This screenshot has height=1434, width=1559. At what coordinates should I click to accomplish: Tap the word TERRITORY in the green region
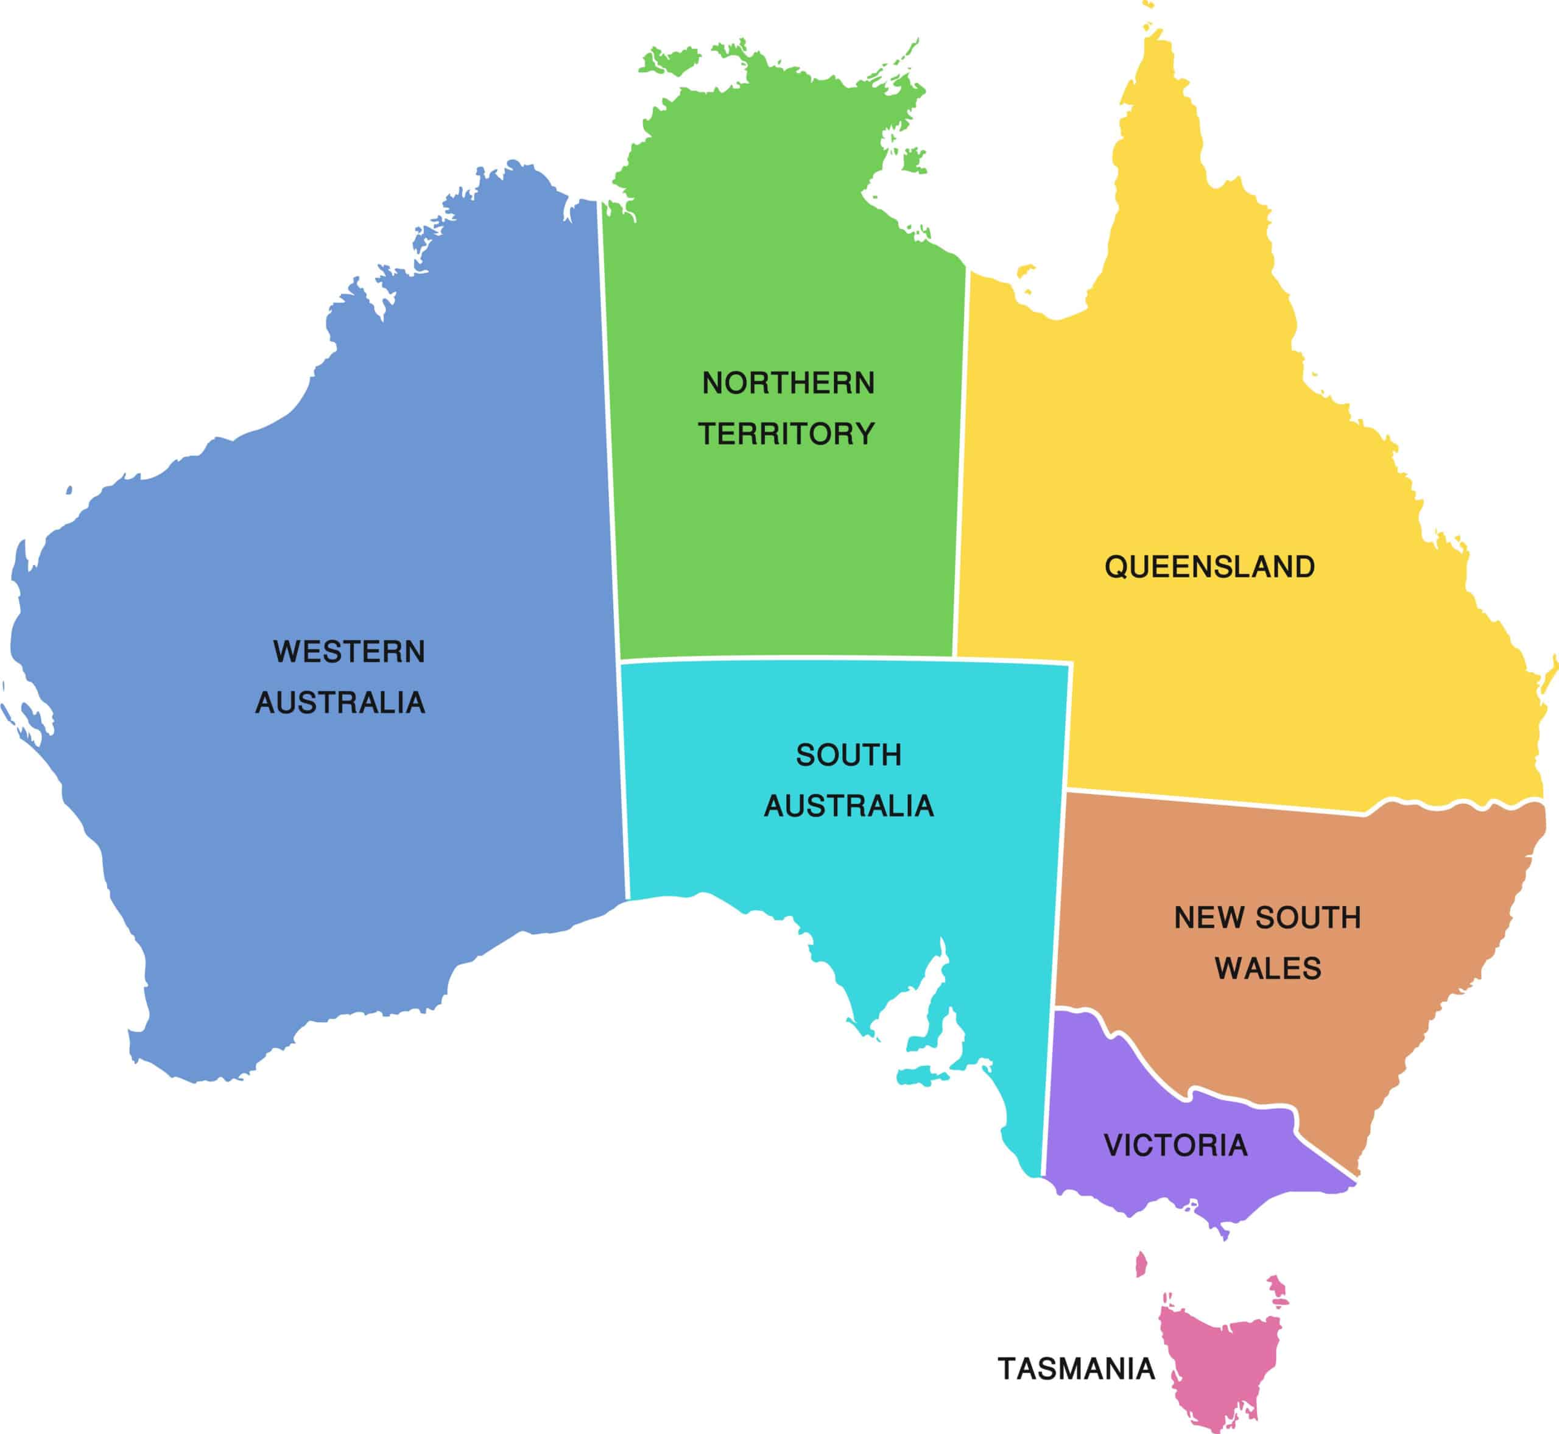[786, 434]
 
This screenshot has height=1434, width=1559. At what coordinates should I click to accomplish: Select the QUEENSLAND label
[1209, 568]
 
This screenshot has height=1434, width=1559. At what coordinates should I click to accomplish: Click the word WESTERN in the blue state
[349, 652]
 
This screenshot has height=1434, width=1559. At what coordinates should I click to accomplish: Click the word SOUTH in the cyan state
[848, 755]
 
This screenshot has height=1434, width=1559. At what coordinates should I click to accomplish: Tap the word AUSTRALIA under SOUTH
[848, 806]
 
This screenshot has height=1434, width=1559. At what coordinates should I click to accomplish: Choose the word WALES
[1267, 968]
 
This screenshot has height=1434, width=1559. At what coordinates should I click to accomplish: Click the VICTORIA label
[1176, 1145]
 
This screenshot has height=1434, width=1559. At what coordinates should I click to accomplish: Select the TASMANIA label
[1075, 1369]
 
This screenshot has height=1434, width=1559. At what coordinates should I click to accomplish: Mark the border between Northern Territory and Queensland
[962, 466]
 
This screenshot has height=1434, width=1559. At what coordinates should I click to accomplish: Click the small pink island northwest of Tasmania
[1141, 1264]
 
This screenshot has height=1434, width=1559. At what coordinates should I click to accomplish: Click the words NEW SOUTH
[1267, 918]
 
